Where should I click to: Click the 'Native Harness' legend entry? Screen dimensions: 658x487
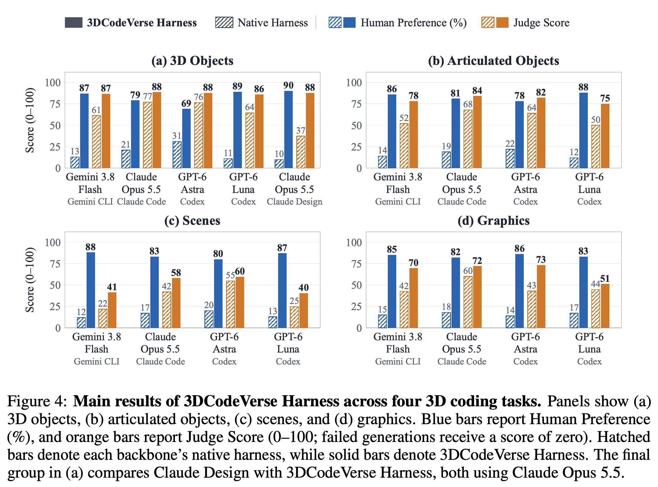point(262,23)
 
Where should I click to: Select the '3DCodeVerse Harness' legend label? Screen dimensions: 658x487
point(142,23)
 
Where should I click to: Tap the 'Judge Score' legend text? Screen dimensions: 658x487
point(541,23)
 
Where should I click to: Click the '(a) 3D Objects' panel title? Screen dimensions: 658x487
point(192,61)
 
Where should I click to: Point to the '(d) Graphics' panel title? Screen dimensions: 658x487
point(493,220)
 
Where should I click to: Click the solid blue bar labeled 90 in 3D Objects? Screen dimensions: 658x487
point(288,130)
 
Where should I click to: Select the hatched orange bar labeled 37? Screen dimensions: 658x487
point(301,152)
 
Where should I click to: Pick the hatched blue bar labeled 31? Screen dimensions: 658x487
point(177,155)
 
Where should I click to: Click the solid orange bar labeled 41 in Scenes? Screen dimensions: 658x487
point(112,310)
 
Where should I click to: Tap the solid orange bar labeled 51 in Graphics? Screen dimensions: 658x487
point(605,306)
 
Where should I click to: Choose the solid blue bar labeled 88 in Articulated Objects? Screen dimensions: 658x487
point(583,131)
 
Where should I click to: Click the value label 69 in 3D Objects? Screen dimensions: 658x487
point(186,103)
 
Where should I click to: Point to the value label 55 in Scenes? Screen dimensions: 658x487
point(230,275)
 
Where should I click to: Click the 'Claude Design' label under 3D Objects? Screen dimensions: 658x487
point(295,202)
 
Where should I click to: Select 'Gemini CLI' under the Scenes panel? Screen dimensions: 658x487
point(97,361)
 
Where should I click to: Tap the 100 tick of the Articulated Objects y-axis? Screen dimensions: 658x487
point(354,82)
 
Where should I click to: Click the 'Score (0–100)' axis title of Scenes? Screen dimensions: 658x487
point(30,280)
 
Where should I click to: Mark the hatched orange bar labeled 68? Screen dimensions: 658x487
point(468,139)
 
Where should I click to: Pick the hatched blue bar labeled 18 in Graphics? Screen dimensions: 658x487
point(446,320)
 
